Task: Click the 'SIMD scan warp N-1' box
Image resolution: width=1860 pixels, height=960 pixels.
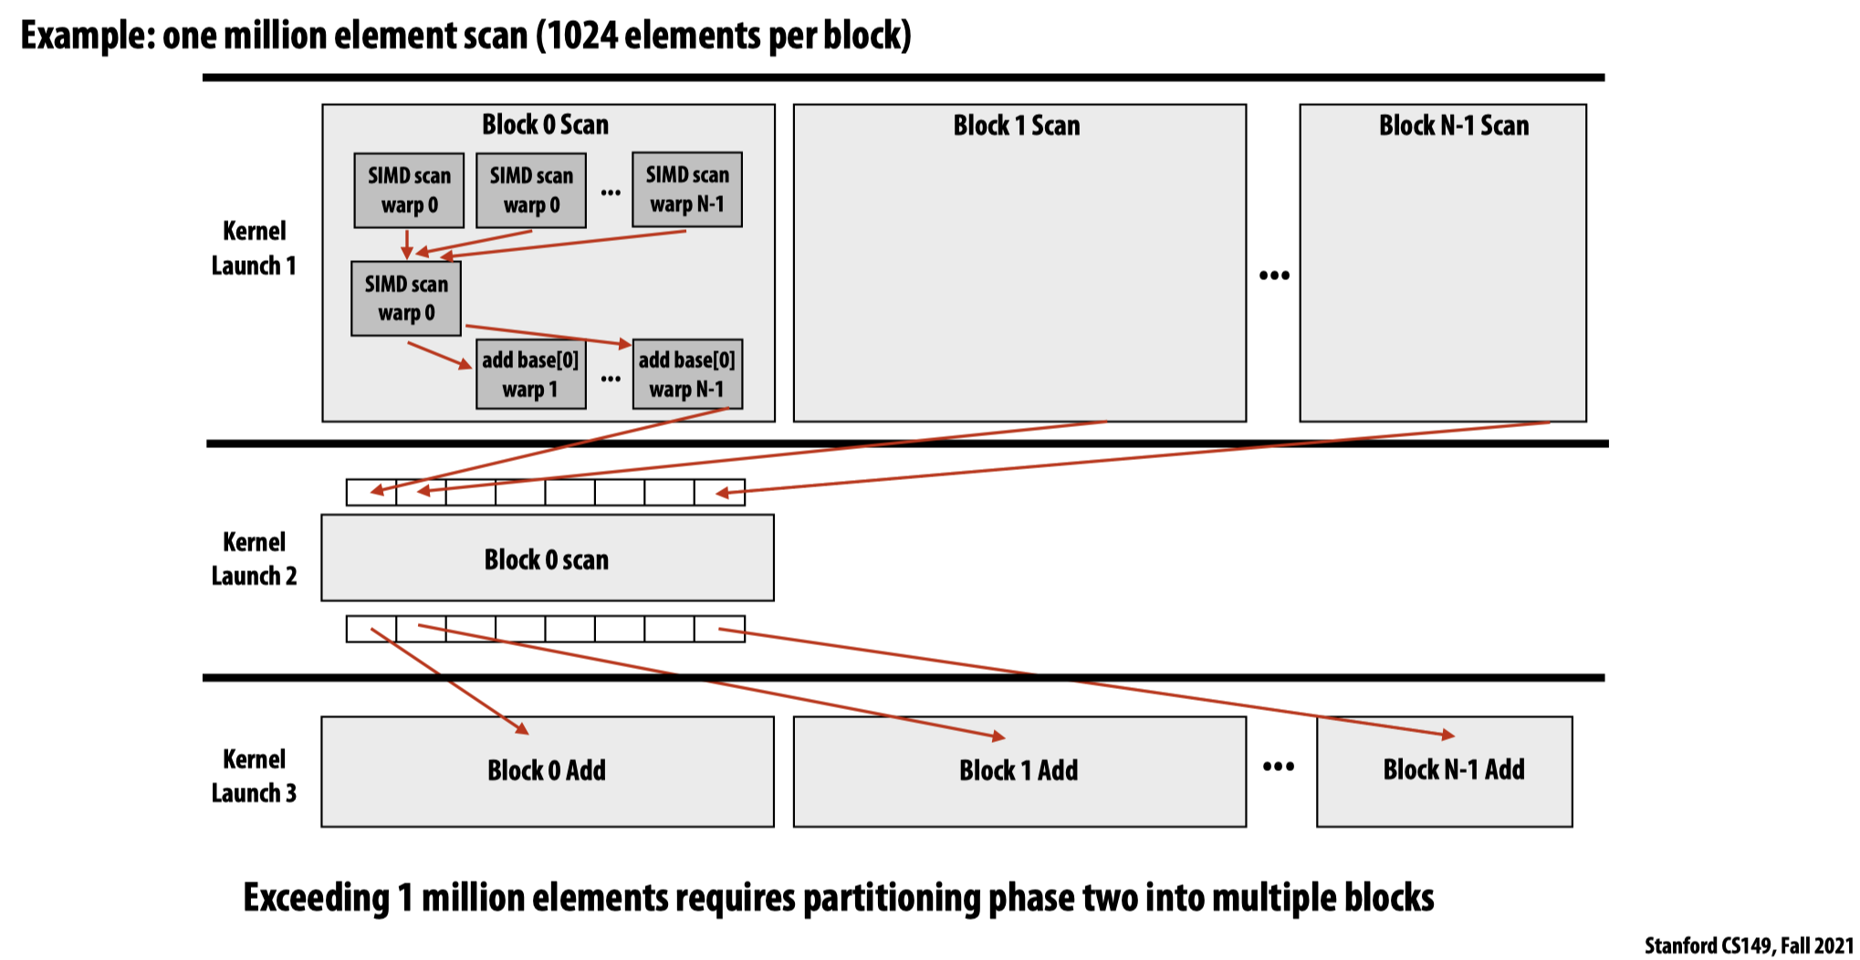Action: click(x=686, y=190)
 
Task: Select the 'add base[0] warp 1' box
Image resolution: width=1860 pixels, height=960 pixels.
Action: click(x=530, y=374)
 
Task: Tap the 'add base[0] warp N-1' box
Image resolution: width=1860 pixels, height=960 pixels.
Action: click(x=686, y=374)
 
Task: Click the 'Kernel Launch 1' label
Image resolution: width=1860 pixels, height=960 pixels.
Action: click(x=254, y=248)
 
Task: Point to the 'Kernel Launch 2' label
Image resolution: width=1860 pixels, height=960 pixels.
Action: click(x=254, y=558)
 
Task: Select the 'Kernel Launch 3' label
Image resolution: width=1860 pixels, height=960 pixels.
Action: click(x=254, y=776)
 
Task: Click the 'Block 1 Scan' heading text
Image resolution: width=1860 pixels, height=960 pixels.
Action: click(x=1016, y=126)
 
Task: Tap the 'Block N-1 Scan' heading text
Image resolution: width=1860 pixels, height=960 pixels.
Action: click(x=1453, y=126)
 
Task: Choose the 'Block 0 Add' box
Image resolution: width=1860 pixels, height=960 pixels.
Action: click(x=547, y=771)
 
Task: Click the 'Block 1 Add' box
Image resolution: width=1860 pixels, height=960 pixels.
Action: click(x=1019, y=771)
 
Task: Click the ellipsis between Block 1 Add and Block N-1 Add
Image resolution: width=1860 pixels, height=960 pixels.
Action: click(x=1278, y=767)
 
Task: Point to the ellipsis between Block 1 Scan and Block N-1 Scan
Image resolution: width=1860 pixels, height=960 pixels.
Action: click(x=1274, y=276)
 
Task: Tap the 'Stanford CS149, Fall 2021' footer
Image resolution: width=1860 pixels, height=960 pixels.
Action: click(x=1748, y=946)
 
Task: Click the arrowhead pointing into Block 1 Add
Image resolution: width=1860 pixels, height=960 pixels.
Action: click(x=998, y=736)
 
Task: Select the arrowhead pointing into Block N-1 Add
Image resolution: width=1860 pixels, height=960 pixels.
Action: click(x=1447, y=735)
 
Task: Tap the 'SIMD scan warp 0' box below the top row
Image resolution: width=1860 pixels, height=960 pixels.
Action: click(x=406, y=298)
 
